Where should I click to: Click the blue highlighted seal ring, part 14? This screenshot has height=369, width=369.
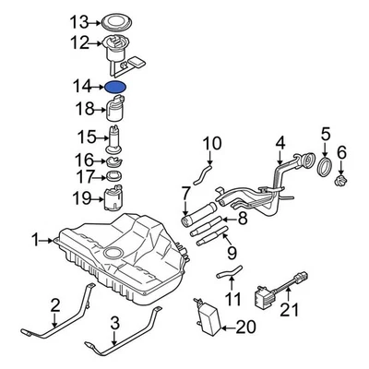[117, 87]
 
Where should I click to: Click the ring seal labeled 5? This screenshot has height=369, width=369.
[324, 166]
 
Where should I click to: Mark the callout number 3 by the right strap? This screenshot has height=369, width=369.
[114, 322]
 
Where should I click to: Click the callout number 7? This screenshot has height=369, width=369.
[185, 194]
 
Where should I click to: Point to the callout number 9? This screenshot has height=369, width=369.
[231, 249]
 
